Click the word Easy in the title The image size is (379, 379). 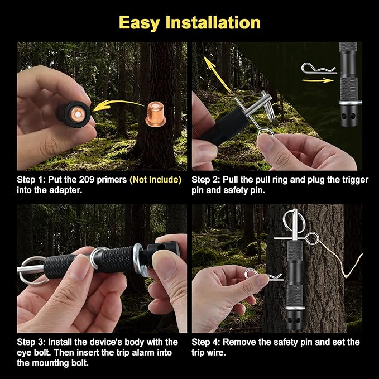pos(139,23)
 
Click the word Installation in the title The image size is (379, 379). pos(213,22)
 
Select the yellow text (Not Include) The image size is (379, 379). pos(155,180)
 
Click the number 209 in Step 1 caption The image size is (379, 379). pos(87,180)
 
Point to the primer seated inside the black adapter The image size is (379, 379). pos(78,114)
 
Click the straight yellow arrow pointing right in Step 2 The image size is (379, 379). pos(318,80)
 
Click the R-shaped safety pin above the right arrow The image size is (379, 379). pos(319,69)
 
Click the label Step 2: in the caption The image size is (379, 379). pos(206,180)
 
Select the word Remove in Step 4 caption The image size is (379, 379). pos(239,342)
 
